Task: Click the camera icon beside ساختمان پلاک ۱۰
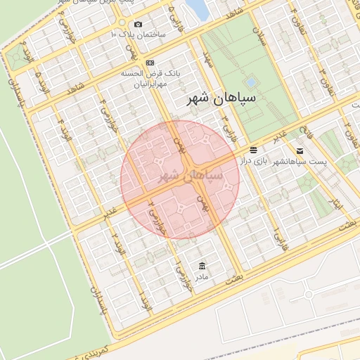pos(136,24)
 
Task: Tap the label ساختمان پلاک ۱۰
pos(139,34)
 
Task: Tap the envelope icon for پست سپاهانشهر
pos(300,150)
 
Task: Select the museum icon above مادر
pos(202,265)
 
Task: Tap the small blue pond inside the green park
pos(250,82)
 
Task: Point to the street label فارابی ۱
pos(278,239)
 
